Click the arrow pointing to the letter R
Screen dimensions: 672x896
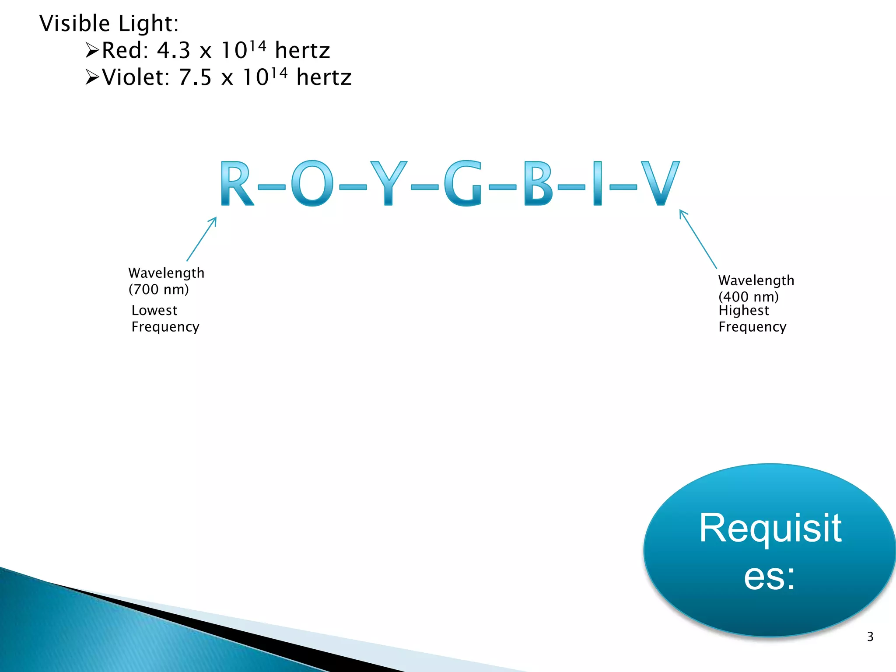click(x=202, y=239)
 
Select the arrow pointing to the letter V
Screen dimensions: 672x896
click(x=698, y=239)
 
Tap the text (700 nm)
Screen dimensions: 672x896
click(x=158, y=289)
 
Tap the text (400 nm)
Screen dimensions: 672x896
click(x=749, y=297)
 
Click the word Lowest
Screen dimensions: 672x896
click(x=154, y=310)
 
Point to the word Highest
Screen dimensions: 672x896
click(x=743, y=310)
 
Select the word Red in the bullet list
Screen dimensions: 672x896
click(x=122, y=50)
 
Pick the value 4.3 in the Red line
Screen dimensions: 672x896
click(x=174, y=50)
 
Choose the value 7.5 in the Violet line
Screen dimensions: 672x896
click(x=195, y=77)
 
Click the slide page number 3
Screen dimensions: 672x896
click(x=870, y=637)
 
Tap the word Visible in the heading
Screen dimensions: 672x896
click(x=74, y=23)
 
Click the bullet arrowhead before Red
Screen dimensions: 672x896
click(x=92, y=50)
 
